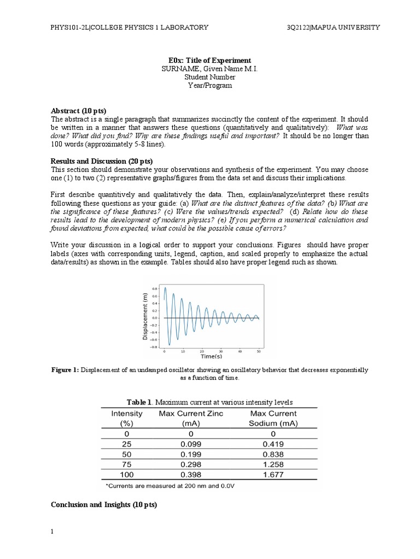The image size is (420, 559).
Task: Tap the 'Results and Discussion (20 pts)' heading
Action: click(102, 161)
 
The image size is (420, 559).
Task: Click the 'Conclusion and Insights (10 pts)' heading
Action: click(104, 505)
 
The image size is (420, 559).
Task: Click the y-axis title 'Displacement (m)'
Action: click(145, 317)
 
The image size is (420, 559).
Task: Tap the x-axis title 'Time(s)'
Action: click(211, 356)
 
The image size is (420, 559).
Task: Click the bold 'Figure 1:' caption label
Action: click(65, 370)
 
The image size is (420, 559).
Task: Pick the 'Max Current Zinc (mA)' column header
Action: click(190, 419)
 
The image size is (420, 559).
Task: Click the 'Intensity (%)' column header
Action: click(127, 419)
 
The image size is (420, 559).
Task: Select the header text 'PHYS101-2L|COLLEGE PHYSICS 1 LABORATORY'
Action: click(130, 28)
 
